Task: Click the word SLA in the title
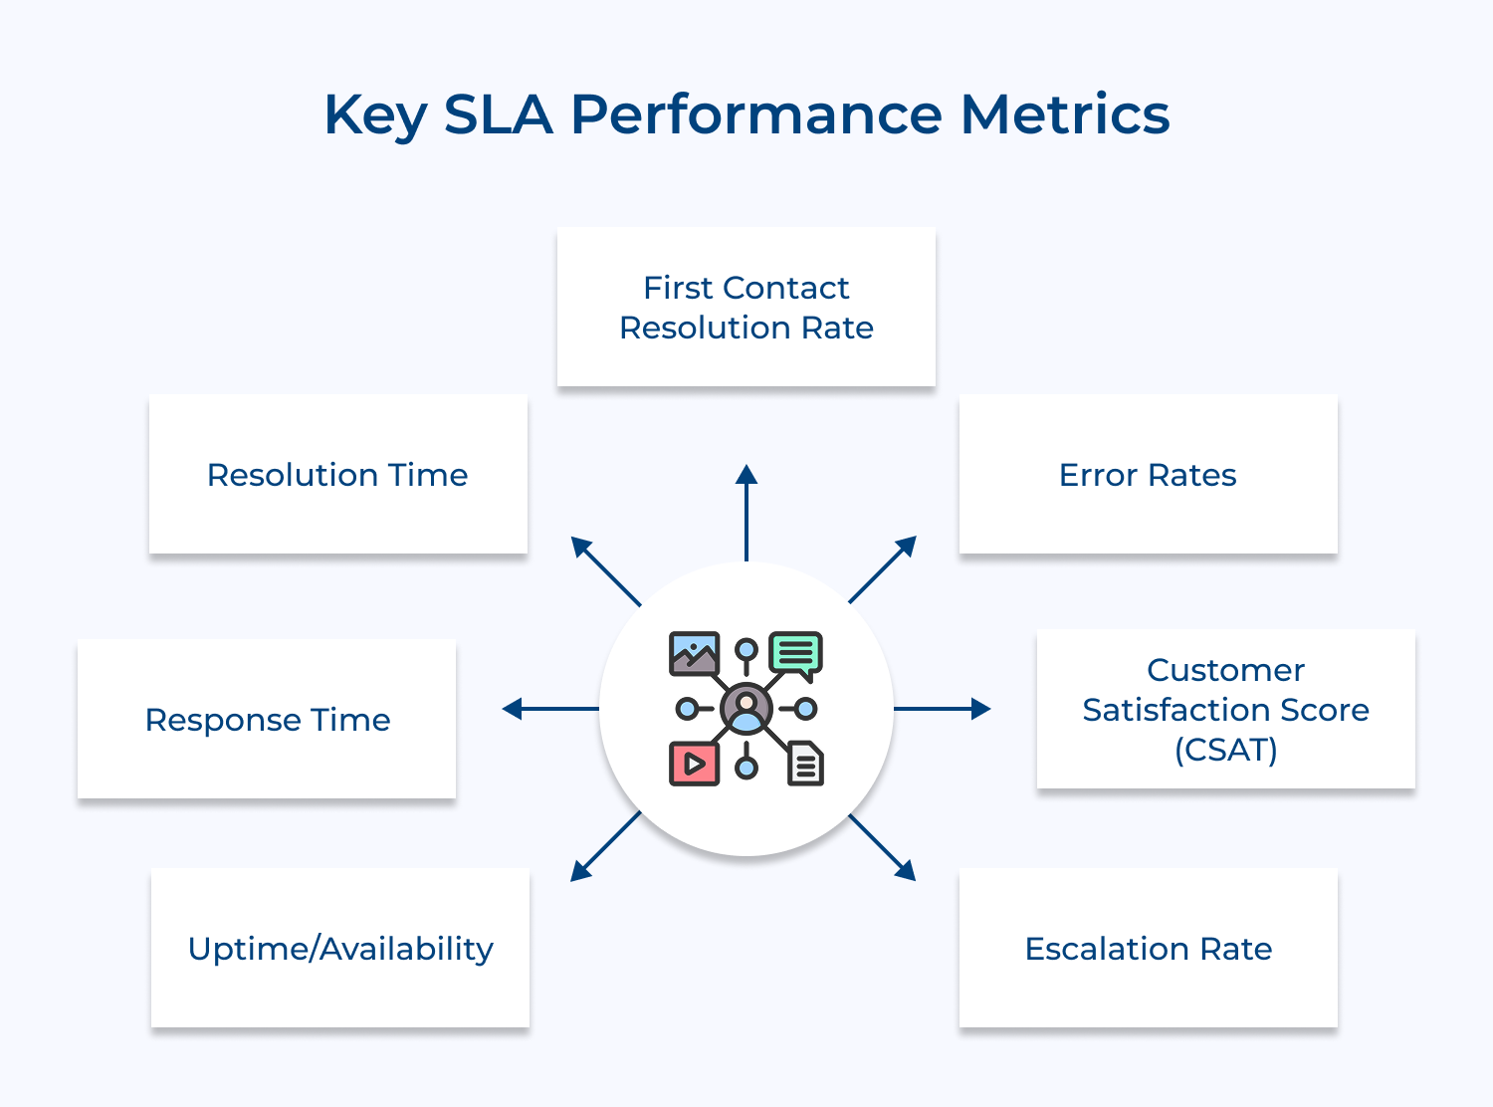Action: [497, 114]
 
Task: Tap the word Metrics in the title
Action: [1064, 114]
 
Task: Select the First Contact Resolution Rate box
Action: [746, 307]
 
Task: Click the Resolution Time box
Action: [337, 474]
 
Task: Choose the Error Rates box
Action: [1148, 474]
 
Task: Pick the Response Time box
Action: [267, 719]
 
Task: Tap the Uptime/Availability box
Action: [340, 948]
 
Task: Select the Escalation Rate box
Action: [1148, 948]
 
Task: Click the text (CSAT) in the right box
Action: [1225, 750]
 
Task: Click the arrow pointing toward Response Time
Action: [549, 709]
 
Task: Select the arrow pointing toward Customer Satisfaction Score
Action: [943, 709]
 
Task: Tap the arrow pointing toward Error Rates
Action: [883, 569]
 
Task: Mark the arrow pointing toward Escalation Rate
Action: [883, 848]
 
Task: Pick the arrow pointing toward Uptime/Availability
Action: [605, 847]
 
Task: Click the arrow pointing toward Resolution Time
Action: [605, 570]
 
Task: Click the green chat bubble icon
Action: [796, 655]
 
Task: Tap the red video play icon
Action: [694, 764]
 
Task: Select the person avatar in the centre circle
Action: [746, 709]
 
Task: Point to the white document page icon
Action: [805, 764]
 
